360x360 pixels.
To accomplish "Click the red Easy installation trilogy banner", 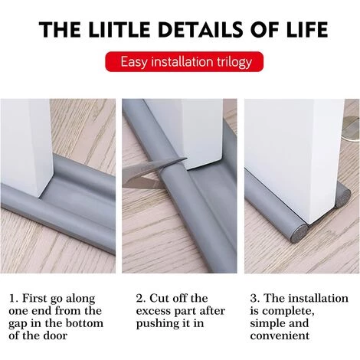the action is [184, 61].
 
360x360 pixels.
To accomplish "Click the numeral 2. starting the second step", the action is [141, 298].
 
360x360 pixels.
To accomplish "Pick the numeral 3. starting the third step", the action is [255, 298].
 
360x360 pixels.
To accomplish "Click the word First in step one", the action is [34, 298].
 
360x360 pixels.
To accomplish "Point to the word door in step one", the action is [55, 335].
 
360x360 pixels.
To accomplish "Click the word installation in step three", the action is [319, 298].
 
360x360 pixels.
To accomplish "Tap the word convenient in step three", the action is [280, 335].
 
